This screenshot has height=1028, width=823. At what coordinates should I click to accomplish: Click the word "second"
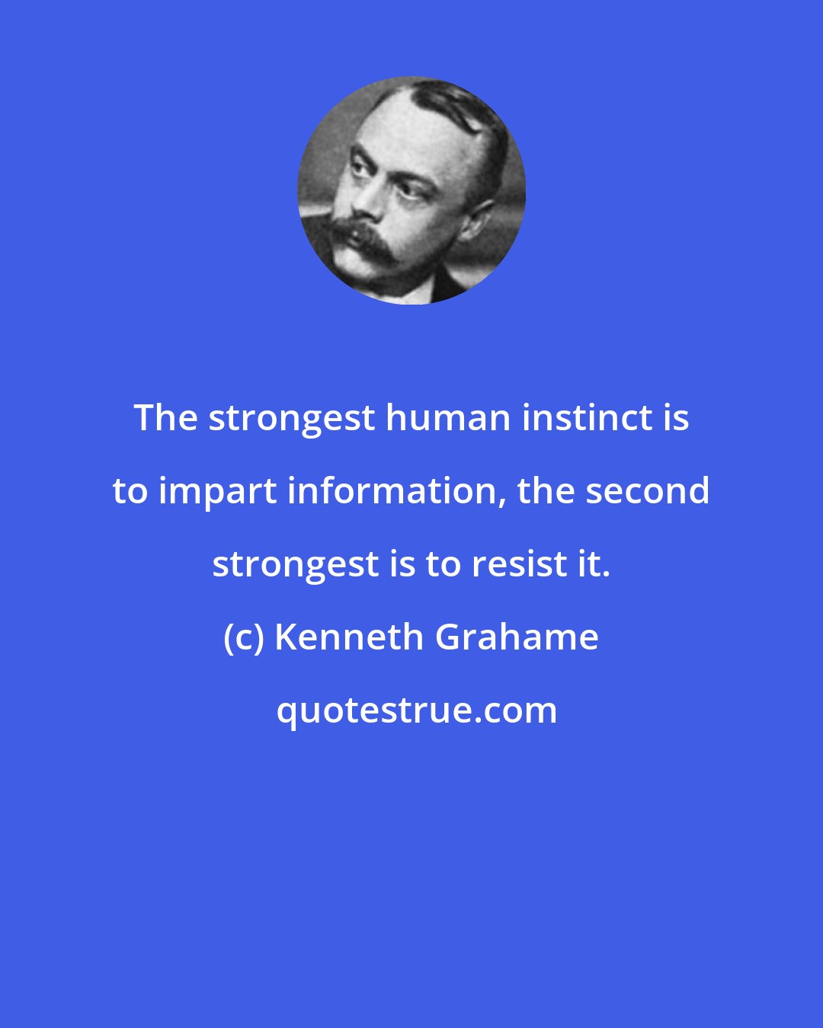pos(647,491)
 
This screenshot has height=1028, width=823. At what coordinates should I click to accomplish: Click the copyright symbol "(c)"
pos(243,637)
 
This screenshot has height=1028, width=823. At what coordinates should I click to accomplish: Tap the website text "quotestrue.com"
pos(416,710)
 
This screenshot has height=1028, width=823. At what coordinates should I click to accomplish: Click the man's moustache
pos(364,238)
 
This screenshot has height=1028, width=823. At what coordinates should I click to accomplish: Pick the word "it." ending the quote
pos(597,564)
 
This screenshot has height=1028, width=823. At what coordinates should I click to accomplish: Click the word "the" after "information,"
pos(546,491)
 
